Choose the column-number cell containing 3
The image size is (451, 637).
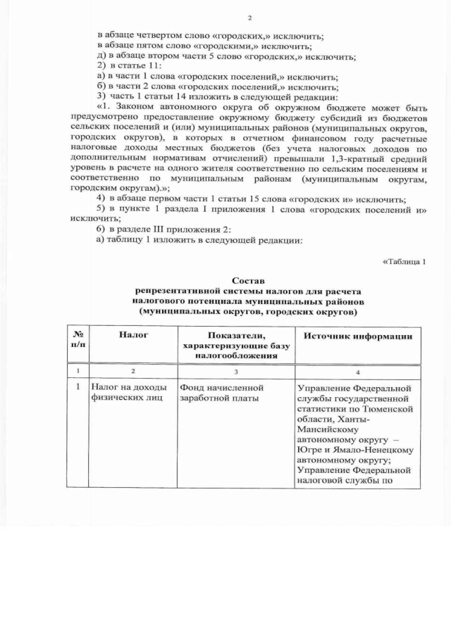[236, 371]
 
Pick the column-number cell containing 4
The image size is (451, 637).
[357, 371]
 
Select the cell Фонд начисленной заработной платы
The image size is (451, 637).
[221, 393]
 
